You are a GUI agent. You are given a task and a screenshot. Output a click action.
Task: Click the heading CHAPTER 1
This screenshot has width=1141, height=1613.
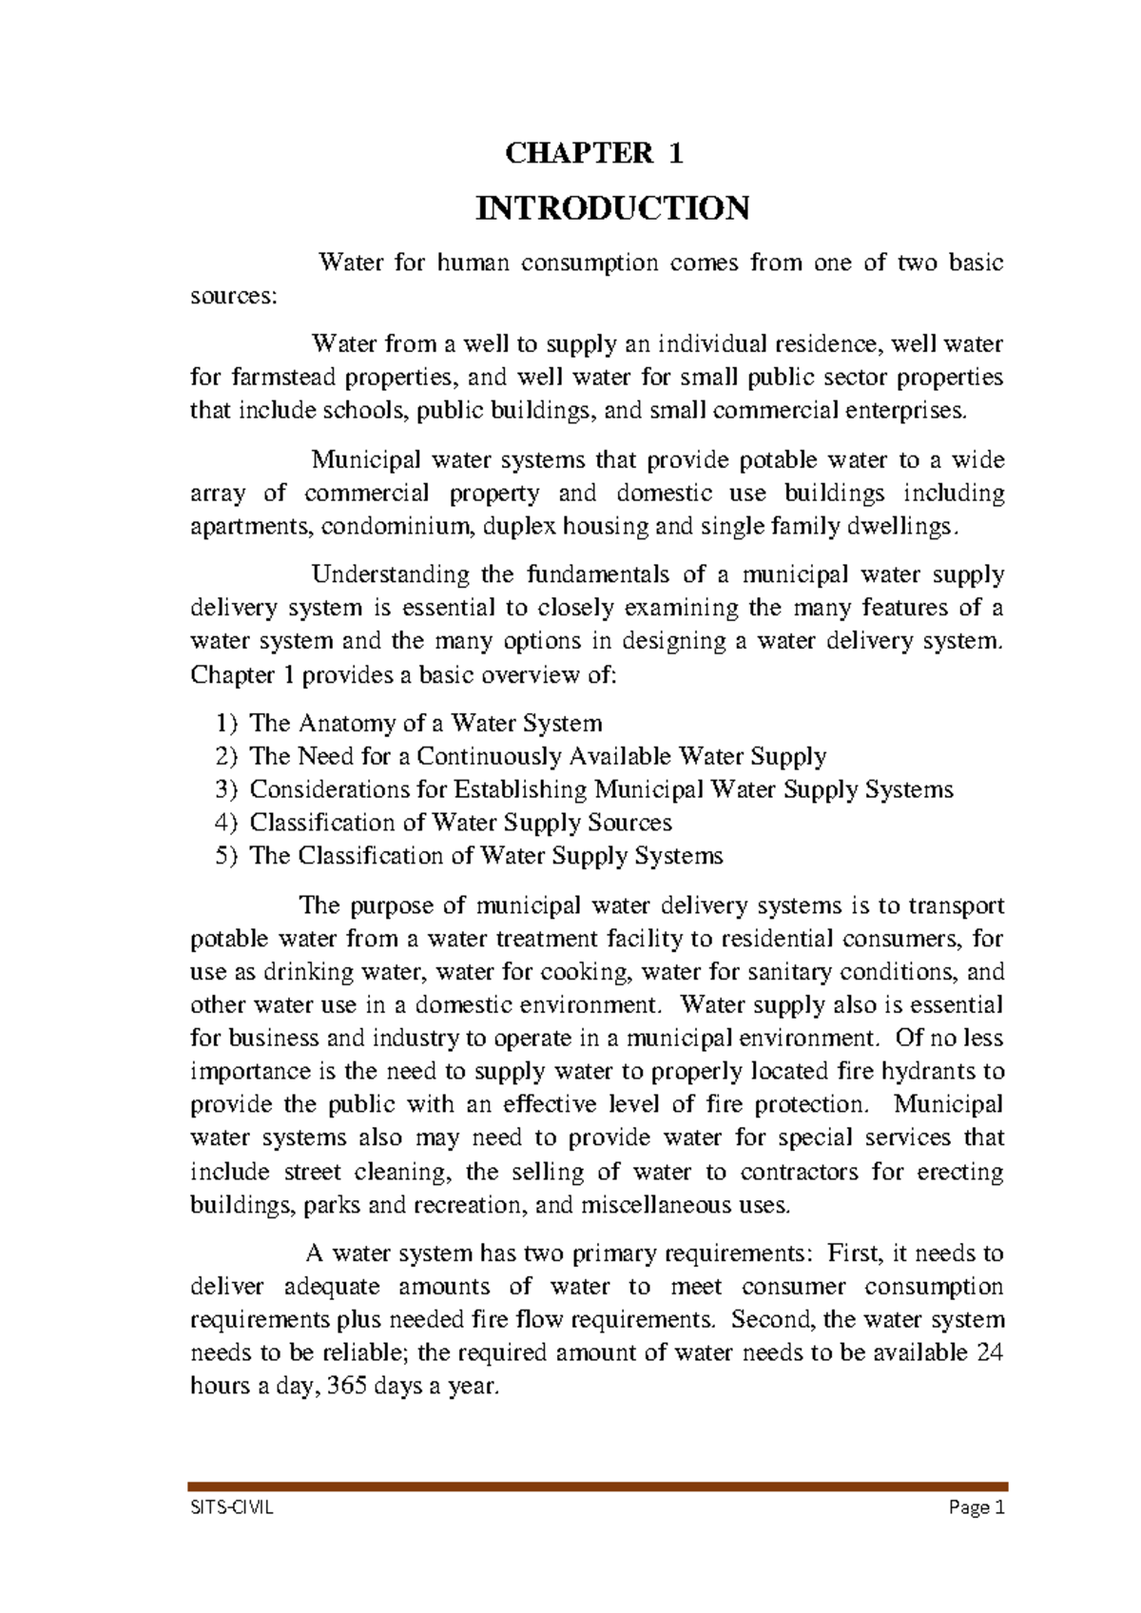(x=594, y=153)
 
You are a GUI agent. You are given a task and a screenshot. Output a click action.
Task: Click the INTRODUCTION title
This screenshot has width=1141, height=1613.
(x=612, y=207)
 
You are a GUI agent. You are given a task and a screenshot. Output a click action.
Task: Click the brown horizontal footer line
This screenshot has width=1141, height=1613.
(x=597, y=1486)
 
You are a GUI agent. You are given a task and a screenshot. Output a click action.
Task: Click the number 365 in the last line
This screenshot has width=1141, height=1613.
(x=346, y=1386)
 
